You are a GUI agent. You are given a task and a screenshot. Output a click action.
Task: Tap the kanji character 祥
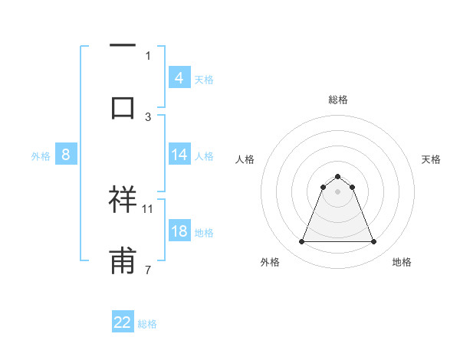tap(123, 198)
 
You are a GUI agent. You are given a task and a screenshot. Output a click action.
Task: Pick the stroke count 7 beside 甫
tap(148, 270)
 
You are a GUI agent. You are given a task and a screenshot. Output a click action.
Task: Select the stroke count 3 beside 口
tap(148, 116)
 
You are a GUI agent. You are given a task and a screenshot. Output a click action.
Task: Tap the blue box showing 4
tap(179, 78)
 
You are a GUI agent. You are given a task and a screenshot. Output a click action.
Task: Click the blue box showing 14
tap(179, 155)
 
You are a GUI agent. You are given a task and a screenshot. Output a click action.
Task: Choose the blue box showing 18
tap(179, 231)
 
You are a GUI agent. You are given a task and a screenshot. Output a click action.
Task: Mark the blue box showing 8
tap(66, 155)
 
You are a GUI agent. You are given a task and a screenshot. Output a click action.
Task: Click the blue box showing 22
tap(123, 322)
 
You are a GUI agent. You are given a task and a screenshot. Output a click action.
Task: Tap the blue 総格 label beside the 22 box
tap(147, 324)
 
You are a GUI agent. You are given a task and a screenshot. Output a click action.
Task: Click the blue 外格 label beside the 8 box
tap(41, 156)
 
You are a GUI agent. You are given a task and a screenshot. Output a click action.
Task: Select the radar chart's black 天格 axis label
tap(431, 159)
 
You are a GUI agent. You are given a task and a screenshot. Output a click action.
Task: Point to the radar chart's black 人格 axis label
tap(245, 159)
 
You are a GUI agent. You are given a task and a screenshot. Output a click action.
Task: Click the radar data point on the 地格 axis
tap(374, 242)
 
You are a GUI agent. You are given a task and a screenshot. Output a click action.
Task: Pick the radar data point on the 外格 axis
tap(301, 242)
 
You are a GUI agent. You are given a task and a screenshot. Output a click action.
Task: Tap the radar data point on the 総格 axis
tap(337, 176)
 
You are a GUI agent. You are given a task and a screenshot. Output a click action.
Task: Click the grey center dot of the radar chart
tap(337, 191)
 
